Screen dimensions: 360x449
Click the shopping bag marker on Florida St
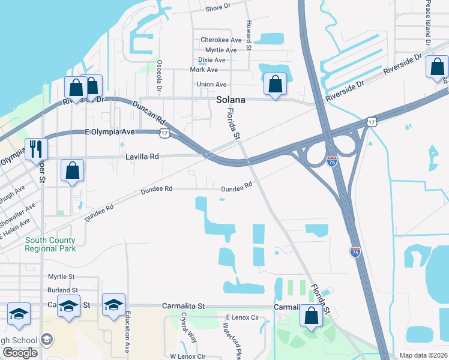click(x=311, y=316)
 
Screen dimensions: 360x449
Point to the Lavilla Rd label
click(x=142, y=157)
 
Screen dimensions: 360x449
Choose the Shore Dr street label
click(x=218, y=8)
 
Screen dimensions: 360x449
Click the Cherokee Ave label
click(x=220, y=40)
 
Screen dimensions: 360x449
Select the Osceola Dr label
click(x=160, y=74)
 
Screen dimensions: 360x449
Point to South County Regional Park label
click(x=50, y=244)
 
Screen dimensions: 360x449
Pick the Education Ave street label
click(x=128, y=335)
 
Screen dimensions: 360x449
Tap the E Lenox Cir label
click(x=242, y=317)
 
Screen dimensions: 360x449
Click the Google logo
click(x=20, y=353)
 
